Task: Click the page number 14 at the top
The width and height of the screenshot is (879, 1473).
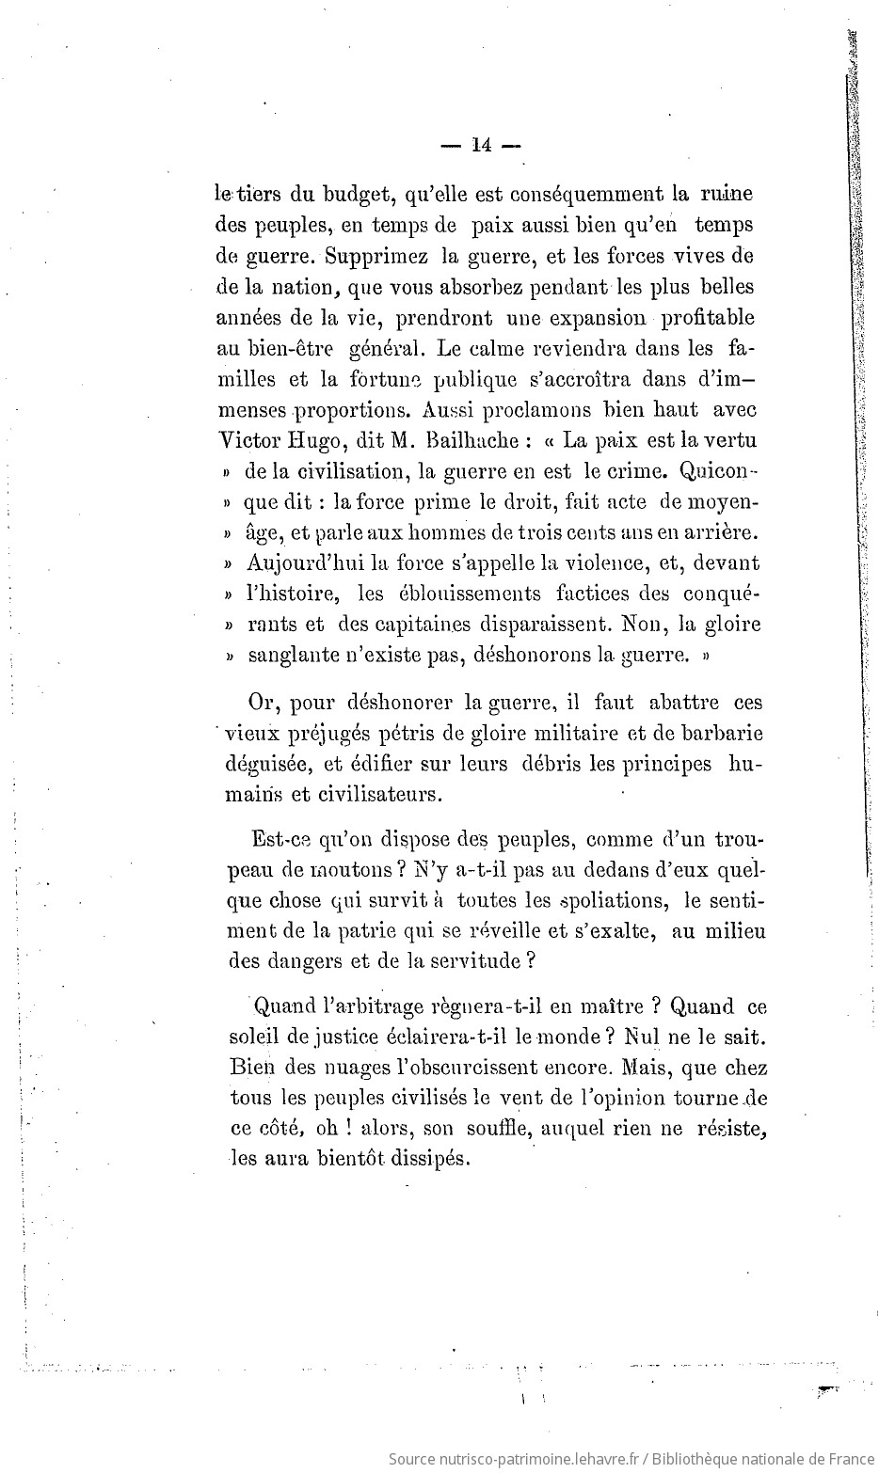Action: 480,145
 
